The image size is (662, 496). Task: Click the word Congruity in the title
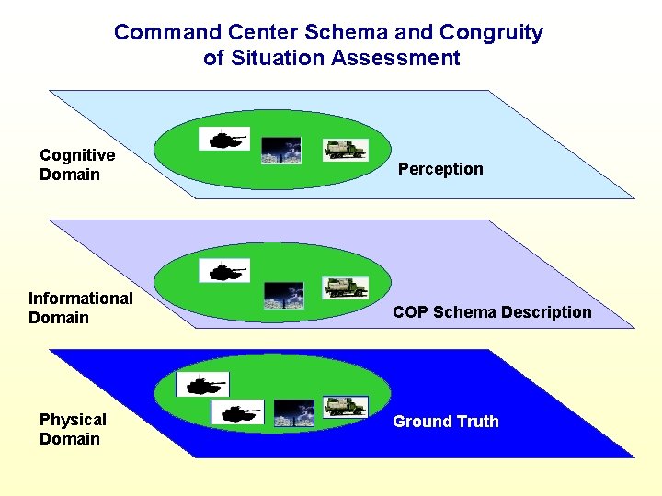tap(491, 33)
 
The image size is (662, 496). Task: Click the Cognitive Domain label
tap(77, 164)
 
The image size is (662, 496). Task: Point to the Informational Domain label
tap(80, 308)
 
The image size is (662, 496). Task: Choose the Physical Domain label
tap(73, 429)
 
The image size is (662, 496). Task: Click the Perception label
tap(440, 169)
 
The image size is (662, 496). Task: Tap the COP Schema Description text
tap(492, 312)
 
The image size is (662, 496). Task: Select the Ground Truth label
tap(446, 422)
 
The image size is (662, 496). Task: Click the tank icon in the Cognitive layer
tap(223, 140)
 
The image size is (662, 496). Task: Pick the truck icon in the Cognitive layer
tap(345, 149)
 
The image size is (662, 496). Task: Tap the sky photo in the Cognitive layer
tap(280, 151)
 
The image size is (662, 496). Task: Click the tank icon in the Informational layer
tap(223, 272)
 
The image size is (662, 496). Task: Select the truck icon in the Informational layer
tap(345, 287)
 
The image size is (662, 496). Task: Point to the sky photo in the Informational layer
tap(283, 296)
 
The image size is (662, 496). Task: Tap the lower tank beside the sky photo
tap(237, 412)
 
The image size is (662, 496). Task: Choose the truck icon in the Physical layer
tap(345, 406)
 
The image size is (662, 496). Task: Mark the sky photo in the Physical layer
tap(294, 413)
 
